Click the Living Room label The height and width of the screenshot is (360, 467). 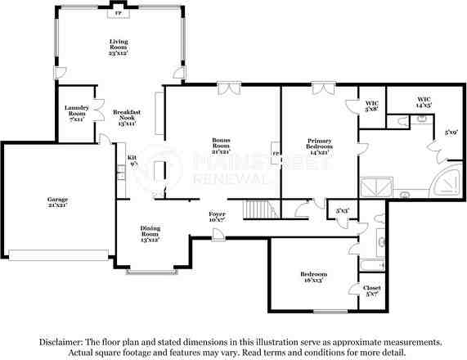(x=119, y=47)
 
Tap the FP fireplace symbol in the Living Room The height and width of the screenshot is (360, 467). (x=119, y=14)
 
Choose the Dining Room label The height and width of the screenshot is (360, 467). (x=150, y=233)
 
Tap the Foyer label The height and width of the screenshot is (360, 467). (x=217, y=217)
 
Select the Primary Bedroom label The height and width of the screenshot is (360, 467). (x=319, y=146)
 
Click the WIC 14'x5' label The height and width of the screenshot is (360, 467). (x=422, y=103)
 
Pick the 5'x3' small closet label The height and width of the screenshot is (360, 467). (x=342, y=210)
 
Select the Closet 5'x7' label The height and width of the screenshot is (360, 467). (x=371, y=291)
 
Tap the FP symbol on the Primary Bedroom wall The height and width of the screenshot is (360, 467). (x=276, y=154)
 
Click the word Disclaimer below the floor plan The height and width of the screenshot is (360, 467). (x=58, y=342)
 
